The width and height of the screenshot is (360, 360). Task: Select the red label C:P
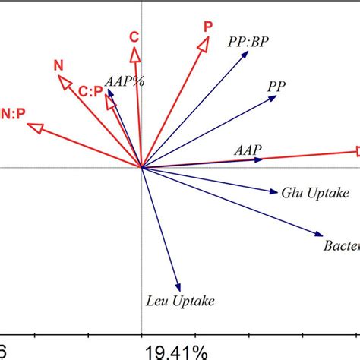tap(90, 90)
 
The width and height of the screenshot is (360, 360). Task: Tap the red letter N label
tap(58, 65)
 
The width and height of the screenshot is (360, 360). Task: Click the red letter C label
tap(134, 36)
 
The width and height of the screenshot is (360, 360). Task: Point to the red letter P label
tap(207, 27)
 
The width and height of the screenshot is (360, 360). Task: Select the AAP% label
tap(125, 80)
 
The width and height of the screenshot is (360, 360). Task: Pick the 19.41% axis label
tap(177, 352)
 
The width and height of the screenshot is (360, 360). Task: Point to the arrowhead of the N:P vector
tap(33, 129)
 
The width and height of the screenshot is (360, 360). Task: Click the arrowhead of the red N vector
tap(65, 81)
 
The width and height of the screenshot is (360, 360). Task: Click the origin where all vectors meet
tap(141, 167)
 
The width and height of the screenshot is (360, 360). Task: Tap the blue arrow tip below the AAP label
tap(263, 159)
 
